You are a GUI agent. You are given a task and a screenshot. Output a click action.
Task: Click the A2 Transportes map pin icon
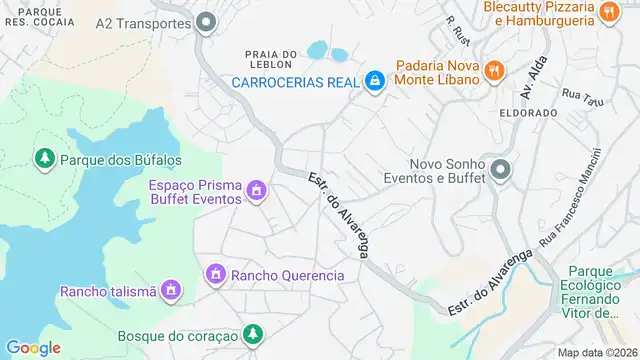coord(207,22)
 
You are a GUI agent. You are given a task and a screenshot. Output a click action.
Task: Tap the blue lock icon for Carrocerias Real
coord(375,80)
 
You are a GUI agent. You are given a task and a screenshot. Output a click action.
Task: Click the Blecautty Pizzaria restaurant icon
coord(608,12)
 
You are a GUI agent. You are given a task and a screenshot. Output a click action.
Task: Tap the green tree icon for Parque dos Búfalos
coord(44,158)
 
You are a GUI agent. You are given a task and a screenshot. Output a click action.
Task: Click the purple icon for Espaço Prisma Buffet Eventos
coord(256,190)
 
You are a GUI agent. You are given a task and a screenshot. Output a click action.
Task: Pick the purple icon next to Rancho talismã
coord(172,291)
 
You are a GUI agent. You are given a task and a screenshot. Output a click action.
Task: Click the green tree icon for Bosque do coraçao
coord(255,335)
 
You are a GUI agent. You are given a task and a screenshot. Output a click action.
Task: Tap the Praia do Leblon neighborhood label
coord(271,61)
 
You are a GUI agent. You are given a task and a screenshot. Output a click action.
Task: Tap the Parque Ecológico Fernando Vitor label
coord(603,291)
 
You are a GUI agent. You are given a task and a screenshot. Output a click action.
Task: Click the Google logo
coord(33,347)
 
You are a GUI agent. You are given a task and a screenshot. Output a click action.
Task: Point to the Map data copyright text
coord(597,352)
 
